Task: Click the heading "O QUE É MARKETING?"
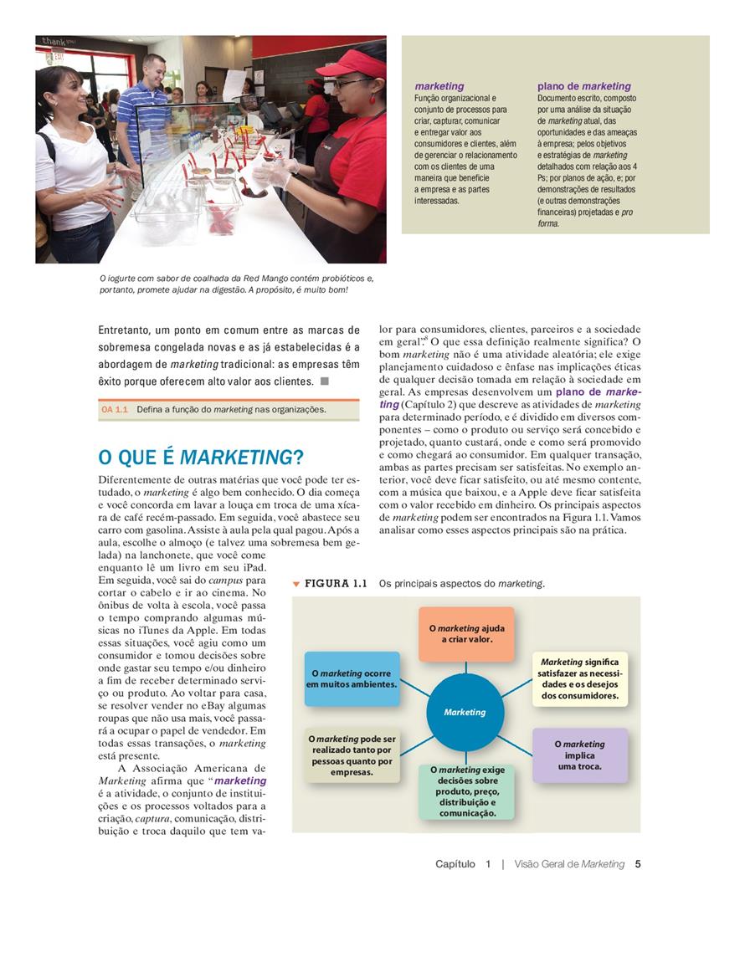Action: (200, 458)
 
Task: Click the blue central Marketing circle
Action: (465, 712)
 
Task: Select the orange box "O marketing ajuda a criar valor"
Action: (466, 633)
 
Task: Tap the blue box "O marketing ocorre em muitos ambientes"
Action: (352, 678)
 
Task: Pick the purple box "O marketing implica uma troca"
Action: (579, 755)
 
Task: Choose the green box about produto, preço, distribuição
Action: (467, 791)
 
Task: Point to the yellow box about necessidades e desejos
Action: (579, 678)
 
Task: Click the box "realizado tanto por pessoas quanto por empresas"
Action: (352, 755)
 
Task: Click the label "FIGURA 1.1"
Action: (336, 584)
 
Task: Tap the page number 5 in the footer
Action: (638, 864)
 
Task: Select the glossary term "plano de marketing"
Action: (583, 86)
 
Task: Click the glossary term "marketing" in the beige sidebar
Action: (439, 86)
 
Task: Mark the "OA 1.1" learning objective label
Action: (115, 410)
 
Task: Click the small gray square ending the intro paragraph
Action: (325, 381)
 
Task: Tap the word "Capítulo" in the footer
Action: (455, 864)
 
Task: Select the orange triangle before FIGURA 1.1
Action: (296, 584)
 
